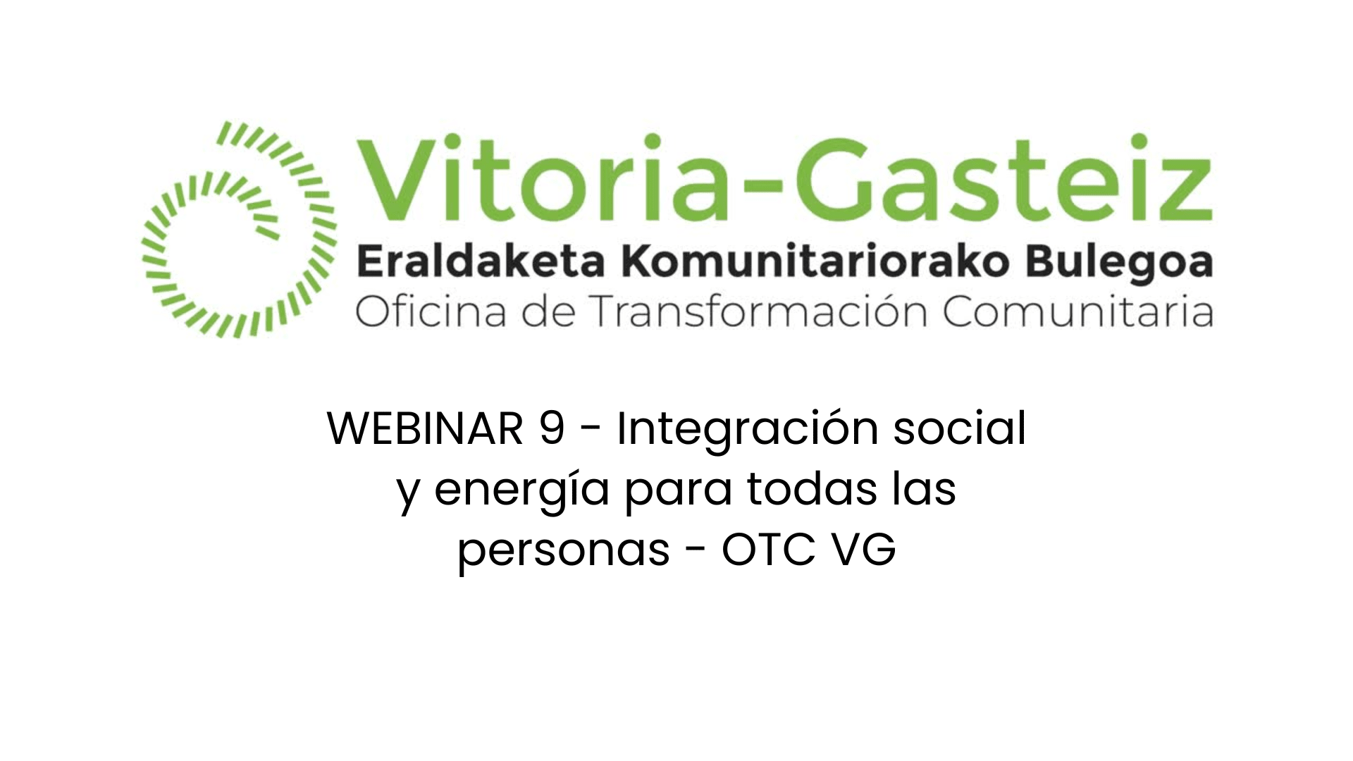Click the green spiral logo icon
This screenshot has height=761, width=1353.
(240, 230)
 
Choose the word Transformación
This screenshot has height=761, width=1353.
(758, 311)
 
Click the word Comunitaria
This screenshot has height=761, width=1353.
(1078, 311)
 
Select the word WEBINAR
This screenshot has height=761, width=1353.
(425, 428)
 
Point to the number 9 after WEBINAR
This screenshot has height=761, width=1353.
(552, 428)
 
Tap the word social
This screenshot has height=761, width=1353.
(960, 428)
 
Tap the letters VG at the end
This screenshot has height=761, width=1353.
(864, 549)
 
